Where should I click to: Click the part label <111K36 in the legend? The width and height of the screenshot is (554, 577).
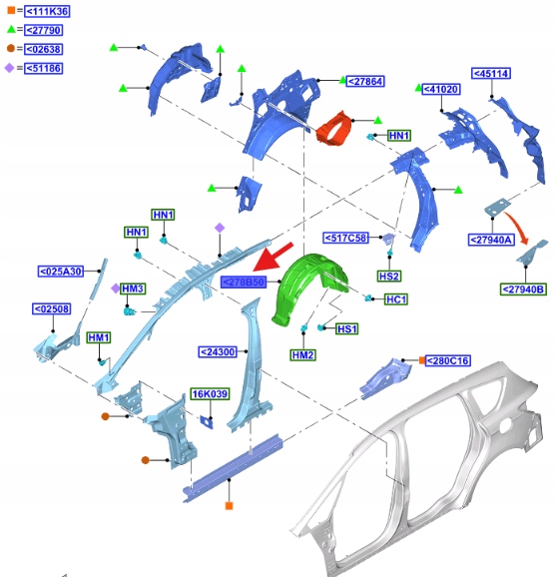[x=47, y=11]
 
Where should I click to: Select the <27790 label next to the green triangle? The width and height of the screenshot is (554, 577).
[x=43, y=30]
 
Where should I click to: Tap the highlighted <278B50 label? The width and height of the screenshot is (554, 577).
[x=244, y=283]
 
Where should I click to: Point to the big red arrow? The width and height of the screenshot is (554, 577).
[x=274, y=257]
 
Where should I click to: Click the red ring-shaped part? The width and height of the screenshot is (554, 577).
[x=334, y=129]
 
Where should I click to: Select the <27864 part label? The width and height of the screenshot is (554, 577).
[x=365, y=81]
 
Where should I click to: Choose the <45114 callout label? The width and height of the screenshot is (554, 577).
[x=491, y=74]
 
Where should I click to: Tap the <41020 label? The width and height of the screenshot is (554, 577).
[x=440, y=89]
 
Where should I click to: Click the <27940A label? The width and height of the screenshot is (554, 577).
[x=491, y=240]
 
